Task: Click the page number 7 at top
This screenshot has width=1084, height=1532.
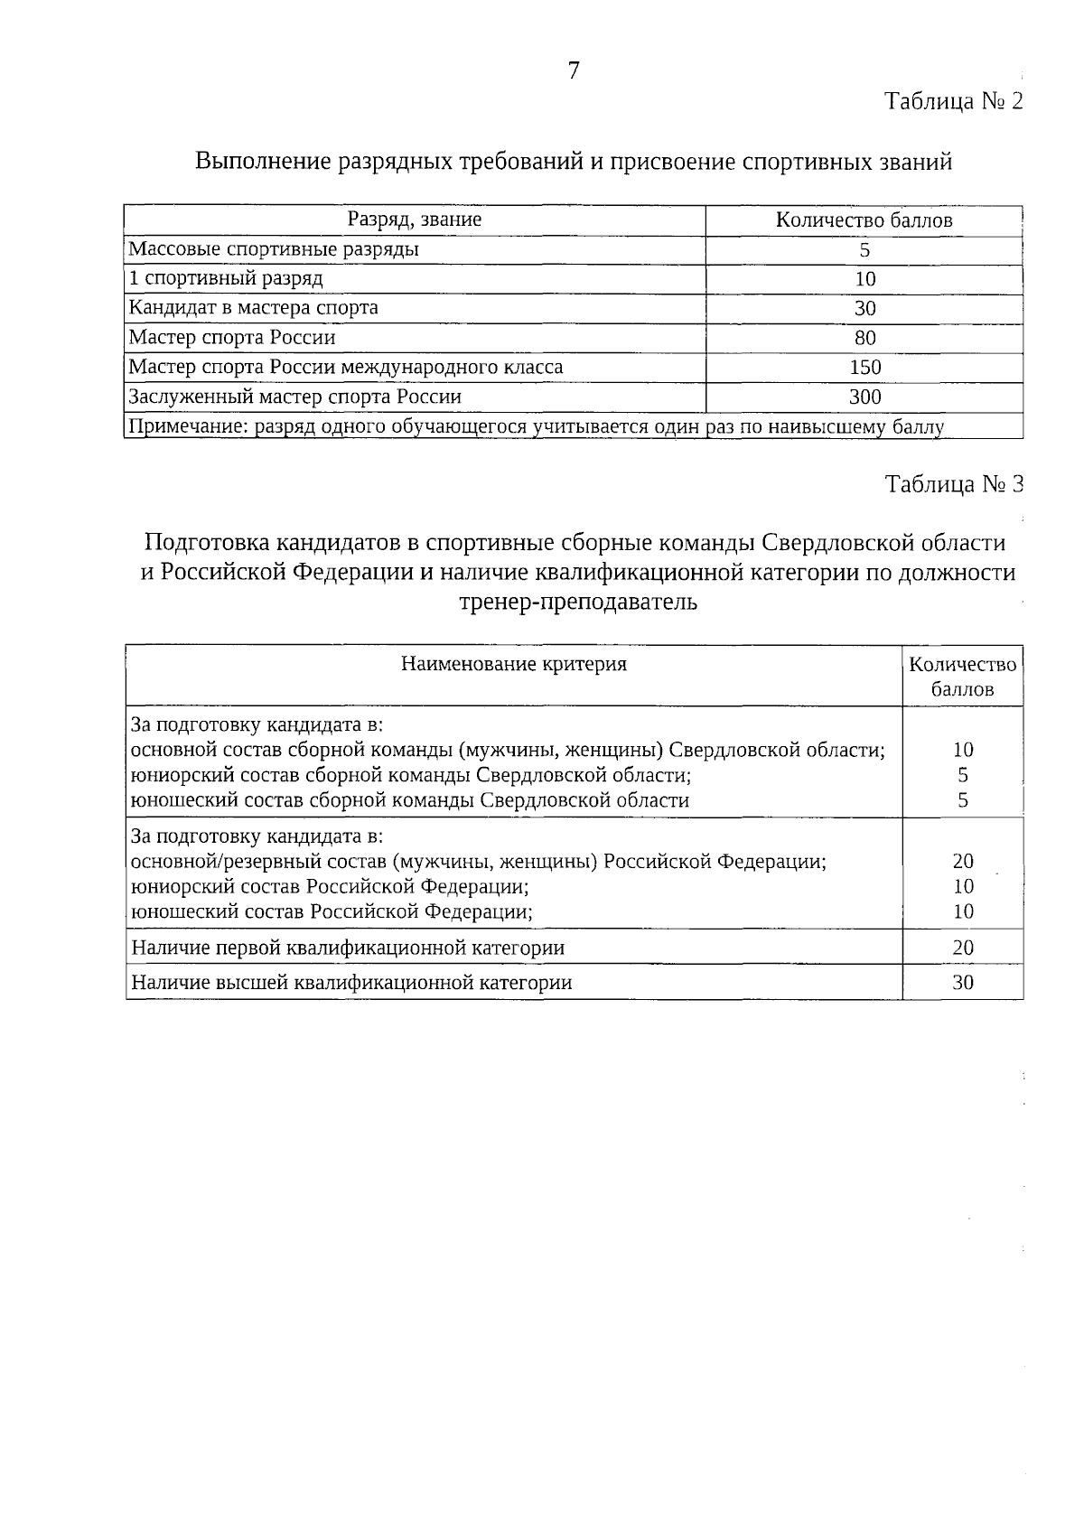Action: coord(573,70)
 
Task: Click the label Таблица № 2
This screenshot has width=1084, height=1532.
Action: coord(954,100)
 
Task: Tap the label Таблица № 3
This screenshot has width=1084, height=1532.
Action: coord(954,484)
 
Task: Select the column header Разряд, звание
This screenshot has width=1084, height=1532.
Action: coord(415,220)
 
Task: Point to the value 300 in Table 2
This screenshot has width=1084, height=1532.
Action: coord(864,397)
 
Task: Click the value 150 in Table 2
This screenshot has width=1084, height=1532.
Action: coord(864,367)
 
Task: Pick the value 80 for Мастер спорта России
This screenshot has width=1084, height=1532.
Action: coord(864,338)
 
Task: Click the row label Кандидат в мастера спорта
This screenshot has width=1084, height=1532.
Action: coord(254,308)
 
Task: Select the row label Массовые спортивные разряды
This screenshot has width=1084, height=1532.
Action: coord(274,249)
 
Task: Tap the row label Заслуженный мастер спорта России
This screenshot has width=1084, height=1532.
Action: coord(294,397)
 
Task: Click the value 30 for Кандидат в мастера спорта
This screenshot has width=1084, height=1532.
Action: coord(864,308)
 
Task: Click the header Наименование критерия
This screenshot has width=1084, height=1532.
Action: coord(513,664)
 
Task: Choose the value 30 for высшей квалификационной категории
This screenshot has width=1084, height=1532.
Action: coord(963,982)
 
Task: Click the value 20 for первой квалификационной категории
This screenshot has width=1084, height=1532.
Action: coord(963,948)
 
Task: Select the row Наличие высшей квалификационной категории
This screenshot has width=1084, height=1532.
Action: coord(351,983)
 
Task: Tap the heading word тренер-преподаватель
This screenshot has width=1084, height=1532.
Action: coord(578,602)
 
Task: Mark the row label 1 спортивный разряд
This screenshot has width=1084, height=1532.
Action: coord(226,279)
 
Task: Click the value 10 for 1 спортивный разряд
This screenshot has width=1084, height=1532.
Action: coord(864,279)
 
